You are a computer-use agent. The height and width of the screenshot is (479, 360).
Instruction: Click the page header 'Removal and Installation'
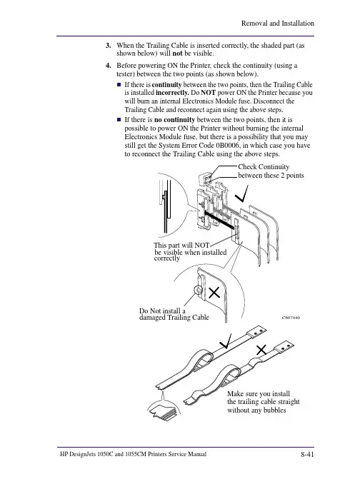point(277,24)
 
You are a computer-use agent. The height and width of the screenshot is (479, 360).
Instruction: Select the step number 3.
point(108,46)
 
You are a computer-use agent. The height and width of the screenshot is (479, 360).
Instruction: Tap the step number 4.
point(108,66)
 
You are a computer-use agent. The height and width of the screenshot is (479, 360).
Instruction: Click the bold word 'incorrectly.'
point(172,93)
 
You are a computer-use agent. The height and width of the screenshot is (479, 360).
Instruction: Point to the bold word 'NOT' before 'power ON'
point(209,93)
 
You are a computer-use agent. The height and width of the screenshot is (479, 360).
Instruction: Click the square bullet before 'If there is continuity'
point(119,84)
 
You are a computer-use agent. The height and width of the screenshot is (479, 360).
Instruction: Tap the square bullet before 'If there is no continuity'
point(119,119)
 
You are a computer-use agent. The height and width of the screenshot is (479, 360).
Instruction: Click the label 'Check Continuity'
point(264,167)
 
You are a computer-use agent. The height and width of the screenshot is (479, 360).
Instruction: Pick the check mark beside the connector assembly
point(242,194)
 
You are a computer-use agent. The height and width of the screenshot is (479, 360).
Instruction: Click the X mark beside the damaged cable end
point(214,293)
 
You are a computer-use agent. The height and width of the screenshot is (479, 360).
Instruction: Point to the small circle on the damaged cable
point(199,290)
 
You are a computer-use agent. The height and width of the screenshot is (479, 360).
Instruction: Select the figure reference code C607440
point(291,318)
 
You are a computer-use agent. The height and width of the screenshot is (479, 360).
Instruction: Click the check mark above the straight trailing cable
point(226,341)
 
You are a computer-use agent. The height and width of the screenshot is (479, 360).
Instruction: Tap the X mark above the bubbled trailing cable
point(261,350)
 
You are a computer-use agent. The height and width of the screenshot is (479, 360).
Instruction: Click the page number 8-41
point(307,455)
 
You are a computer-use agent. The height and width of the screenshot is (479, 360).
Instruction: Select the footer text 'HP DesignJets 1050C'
point(87,454)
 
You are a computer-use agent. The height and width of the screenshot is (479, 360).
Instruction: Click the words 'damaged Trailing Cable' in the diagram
point(174,318)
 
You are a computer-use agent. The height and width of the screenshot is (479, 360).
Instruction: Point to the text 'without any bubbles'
point(256,410)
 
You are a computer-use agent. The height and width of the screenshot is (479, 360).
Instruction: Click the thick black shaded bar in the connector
point(219,221)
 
